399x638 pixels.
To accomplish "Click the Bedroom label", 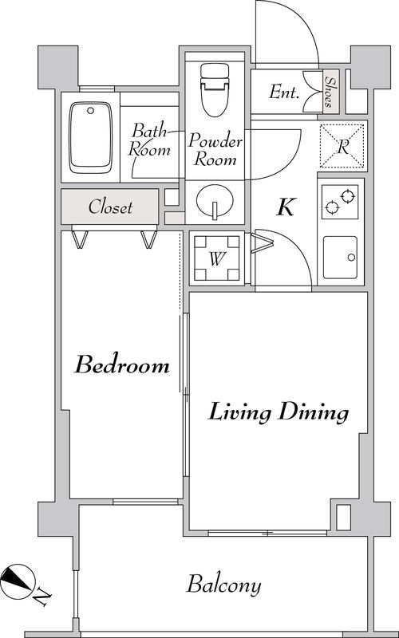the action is click(122, 364).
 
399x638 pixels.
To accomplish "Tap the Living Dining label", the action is click(279, 412).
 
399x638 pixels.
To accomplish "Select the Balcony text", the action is click(223, 585).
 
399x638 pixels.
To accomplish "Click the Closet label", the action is click(110, 207).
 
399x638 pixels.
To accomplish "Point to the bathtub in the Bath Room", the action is click(90, 137).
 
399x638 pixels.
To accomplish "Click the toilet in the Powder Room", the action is click(215, 89).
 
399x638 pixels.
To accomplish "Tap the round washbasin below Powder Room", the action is click(215, 202).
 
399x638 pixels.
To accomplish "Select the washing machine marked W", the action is click(216, 258).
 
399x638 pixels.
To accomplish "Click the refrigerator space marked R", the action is click(342, 147).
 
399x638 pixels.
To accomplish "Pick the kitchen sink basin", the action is click(341, 257).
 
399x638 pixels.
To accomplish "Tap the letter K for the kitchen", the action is click(286, 207).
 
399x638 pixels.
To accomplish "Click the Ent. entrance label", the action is click(284, 93).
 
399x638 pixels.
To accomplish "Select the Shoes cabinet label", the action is click(330, 92).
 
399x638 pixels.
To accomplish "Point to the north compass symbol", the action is click(16, 581).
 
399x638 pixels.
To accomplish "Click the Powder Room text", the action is click(215, 149).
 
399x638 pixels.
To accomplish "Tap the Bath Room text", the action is click(149, 140).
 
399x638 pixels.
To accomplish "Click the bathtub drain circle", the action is click(90, 110).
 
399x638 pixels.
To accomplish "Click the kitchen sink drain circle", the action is click(351, 258).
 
